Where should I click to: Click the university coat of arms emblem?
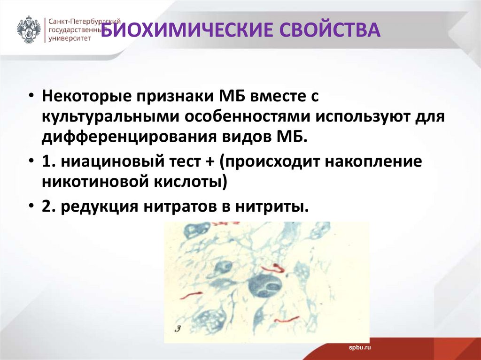point(29,30)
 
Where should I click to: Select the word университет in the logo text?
point(70,38)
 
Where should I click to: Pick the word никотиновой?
point(95,182)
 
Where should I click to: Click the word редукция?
point(100,207)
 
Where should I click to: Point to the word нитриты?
point(272,207)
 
